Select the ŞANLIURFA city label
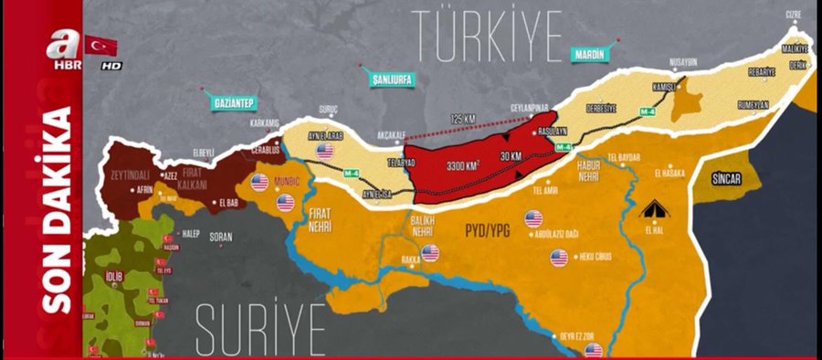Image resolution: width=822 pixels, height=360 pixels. (x=393, y=79)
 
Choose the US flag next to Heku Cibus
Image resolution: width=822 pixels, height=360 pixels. (x=560, y=258)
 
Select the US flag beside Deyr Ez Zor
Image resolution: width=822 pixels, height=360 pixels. (x=594, y=350)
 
